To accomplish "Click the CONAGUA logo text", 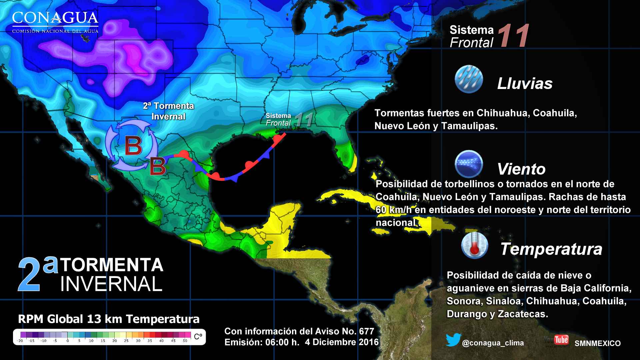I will click(x=55, y=18).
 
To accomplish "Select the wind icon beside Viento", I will click(x=468, y=164).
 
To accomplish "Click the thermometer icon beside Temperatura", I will click(x=474, y=246).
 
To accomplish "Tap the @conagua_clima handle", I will click(x=493, y=343).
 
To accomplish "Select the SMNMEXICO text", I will click(x=597, y=343).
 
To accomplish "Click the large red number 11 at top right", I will click(x=513, y=36).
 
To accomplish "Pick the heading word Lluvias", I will click(x=525, y=83).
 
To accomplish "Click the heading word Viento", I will click(x=521, y=169).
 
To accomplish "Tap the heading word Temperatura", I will click(x=551, y=249).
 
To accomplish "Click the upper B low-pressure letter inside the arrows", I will click(x=133, y=146).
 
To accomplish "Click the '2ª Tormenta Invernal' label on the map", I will click(x=168, y=111).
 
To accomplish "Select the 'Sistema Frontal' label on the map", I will click(x=279, y=119).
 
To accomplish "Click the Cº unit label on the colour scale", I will click(x=198, y=337).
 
